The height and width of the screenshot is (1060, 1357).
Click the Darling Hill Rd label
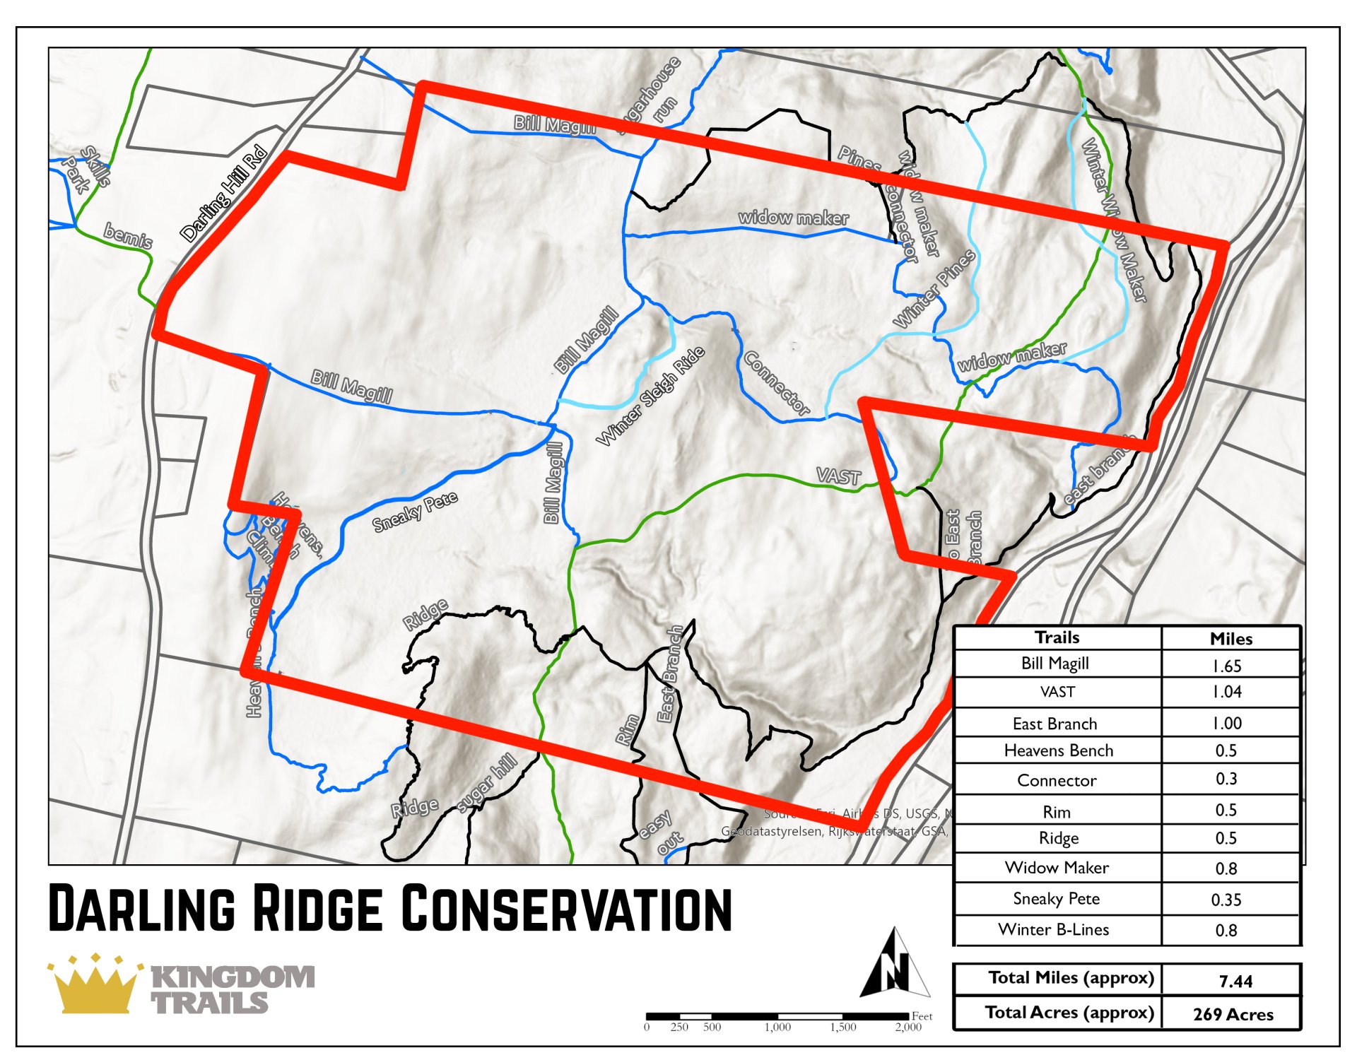pos(223,193)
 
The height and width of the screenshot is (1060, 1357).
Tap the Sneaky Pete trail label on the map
pos(415,511)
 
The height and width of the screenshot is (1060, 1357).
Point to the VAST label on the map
pos(838,476)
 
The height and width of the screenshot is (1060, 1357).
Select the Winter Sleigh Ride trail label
pos(650,396)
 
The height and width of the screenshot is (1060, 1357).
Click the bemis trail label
pos(128,235)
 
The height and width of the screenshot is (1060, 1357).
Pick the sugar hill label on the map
pos(487,783)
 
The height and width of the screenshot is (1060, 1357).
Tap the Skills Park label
pos(86,170)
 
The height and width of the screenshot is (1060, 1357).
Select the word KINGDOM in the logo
pos(233,977)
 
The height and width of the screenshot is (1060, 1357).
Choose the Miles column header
pos(1230,639)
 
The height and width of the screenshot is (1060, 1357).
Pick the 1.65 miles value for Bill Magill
pos(1227,666)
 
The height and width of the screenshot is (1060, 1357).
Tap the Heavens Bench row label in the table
pos(1058,750)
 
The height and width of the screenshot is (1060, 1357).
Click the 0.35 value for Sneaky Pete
pos(1226,900)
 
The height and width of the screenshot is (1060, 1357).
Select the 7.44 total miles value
pos(1235,981)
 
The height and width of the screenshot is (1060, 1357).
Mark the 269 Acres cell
pos(1233,1014)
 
